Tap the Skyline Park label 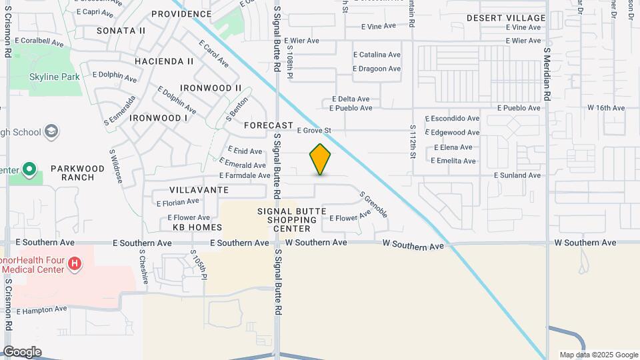[x=55, y=77]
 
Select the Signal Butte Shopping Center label [x=292, y=220]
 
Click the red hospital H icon [x=75, y=265]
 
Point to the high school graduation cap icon [x=51, y=132]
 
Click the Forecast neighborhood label [x=269, y=125]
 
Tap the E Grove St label [x=314, y=131]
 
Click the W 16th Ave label [x=605, y=107]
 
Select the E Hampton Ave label [x=42, y=310]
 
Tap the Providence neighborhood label [x=181, y=14]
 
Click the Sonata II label [x=121, y=31]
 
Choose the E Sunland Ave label [x=517, y=175]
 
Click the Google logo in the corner [x=22, y=351]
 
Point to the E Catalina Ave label [x=377, y=55]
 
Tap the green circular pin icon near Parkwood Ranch [x=29, y=169]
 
